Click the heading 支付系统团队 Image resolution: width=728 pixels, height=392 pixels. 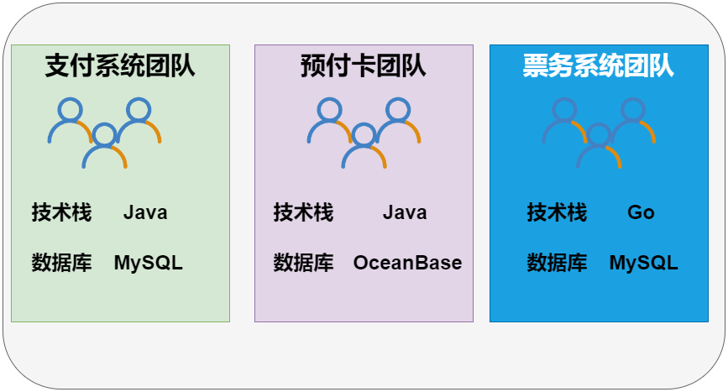point(120,65)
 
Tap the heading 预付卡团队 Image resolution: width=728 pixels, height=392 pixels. point(364,65)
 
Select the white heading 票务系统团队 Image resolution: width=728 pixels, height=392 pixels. point(599,65)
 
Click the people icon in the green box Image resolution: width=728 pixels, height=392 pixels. point(104,133)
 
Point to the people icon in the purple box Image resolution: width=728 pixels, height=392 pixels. point(364,133)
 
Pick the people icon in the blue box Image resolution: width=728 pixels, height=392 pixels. point(599,133)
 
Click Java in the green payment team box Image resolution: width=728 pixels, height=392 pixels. point(145,212)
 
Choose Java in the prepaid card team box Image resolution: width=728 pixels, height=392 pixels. point(405,212)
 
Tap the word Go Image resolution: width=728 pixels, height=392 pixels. point(641,212)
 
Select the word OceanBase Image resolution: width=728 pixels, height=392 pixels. point(407,263)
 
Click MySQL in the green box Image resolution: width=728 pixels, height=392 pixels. point(149,263)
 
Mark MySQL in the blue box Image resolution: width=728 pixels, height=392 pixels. point(643,263)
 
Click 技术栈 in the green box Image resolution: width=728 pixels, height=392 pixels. point(62,212)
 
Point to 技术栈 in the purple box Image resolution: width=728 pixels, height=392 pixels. point(303,212)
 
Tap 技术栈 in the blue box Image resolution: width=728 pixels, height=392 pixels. point(557,212)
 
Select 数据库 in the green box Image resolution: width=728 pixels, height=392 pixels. point(62,263)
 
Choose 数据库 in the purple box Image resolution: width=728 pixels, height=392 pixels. point(303,263)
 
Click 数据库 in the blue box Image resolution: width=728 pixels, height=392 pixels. point(557,263)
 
